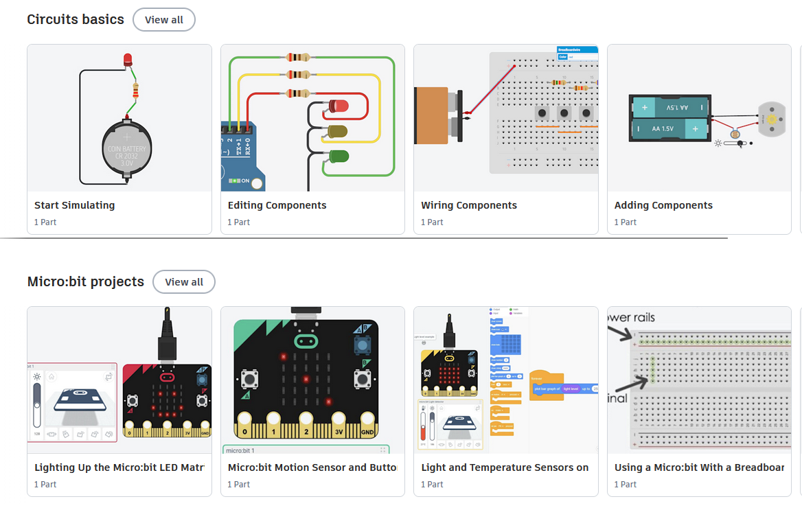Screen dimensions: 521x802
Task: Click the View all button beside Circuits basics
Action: pyautogui.click(x=164, y=20)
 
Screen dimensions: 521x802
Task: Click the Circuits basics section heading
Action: pyautogui.click(x=76, y=19)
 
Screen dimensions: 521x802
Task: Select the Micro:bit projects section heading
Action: pyautogui.click(x=86, y=281)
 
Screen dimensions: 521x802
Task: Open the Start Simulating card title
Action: pyautogui.click(x=75, y=205)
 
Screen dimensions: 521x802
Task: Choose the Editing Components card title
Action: pyautogui.click(x=277, y=205)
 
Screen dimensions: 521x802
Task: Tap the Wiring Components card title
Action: pyautogui.click(x=469, y=205)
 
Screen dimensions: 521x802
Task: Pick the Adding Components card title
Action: pyautogui.click(x=663, y=205)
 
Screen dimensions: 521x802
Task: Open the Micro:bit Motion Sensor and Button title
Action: pyautogui.click(x=312, y=467)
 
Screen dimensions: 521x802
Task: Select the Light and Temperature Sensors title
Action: pyautogui.click(x=505, y=467)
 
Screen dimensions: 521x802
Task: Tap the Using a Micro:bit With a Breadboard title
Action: pyautogui.click(x=699, y=467)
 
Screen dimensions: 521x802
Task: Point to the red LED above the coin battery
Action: pyautogui.click(x=128, y=60)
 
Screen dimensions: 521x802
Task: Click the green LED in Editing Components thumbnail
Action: pyautogui.click(x=338, y=156)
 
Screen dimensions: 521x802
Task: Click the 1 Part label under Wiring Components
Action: pyautogui.click(x=432, y=222)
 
